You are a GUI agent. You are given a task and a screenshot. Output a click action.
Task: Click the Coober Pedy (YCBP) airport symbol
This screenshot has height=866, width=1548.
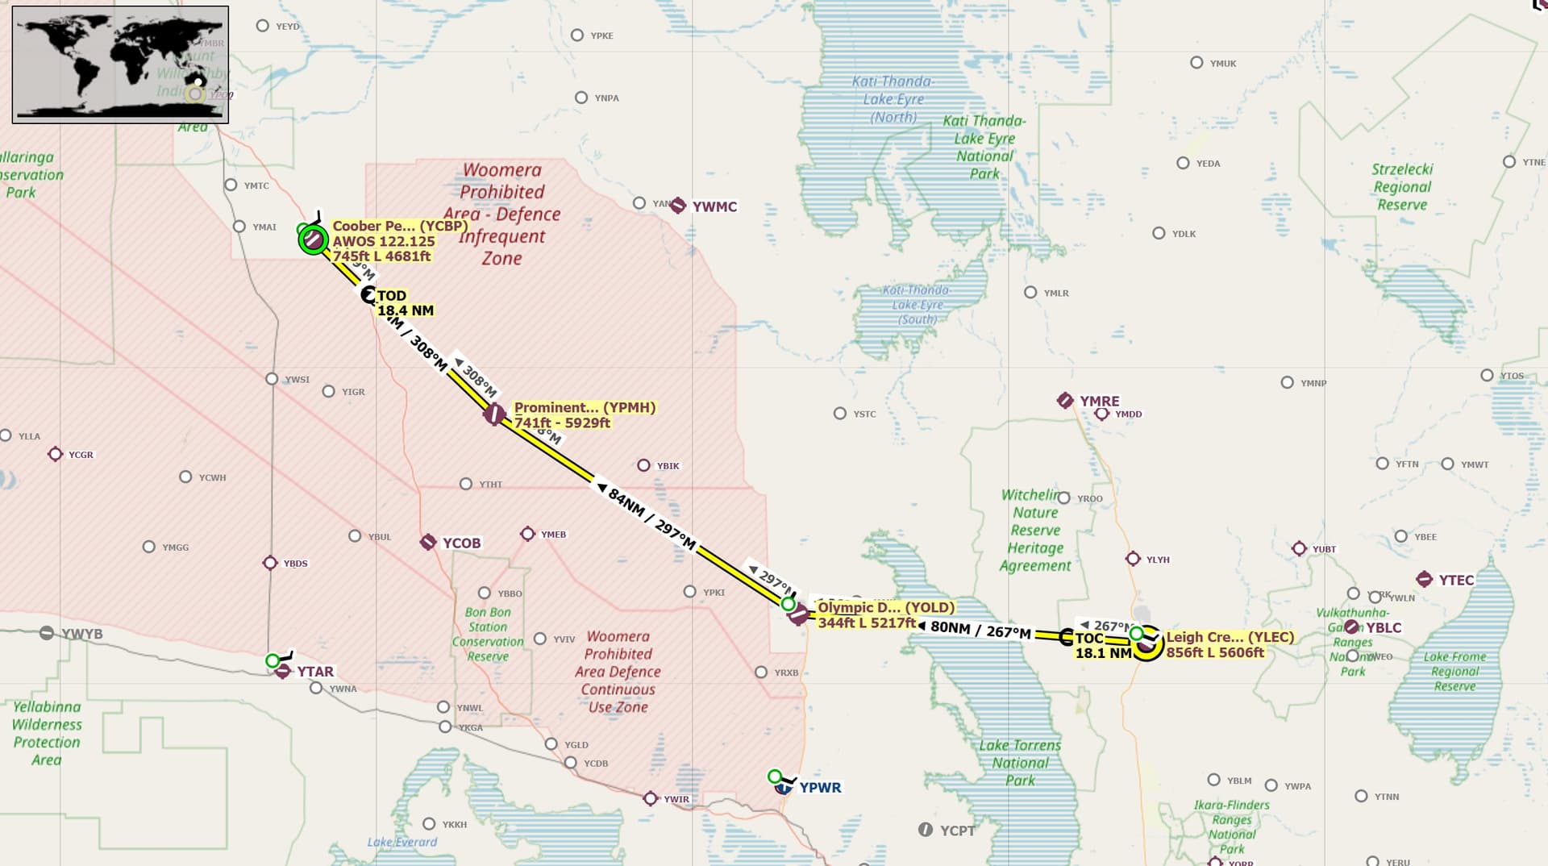click(313, 239)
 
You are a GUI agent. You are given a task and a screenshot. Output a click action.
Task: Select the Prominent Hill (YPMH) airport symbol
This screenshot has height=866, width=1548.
click(494, 414)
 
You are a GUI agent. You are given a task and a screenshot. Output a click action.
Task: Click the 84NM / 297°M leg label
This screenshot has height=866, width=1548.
click(651, 518)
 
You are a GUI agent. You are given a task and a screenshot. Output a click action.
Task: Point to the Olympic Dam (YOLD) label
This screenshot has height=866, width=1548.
click(885, 614)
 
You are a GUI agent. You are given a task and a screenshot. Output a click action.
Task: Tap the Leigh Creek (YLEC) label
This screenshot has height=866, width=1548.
click(1230, 644)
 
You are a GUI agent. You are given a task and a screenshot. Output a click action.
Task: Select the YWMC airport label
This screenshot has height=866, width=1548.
click(714, 206)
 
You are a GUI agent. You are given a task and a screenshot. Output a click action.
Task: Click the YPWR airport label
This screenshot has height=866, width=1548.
click(819, 787)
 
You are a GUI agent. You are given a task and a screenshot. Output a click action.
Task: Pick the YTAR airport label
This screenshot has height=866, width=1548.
click(314, 672)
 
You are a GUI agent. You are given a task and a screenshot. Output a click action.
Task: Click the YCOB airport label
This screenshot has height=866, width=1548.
click(461, 543)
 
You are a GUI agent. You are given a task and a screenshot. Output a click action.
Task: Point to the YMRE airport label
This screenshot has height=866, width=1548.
click(1099, 401)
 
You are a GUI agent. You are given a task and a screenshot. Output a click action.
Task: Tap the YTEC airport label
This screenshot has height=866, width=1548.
click(1455, 580)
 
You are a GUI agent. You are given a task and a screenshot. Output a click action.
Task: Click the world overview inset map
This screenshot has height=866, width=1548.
click(121, 65)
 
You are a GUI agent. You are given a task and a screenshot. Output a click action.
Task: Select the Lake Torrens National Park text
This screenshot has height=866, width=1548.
click(1020, 762)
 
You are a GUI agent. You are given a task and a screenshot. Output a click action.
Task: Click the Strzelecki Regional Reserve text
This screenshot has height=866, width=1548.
click(1402, 186)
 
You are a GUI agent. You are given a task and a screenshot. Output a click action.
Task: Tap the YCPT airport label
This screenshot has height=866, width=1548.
click(956, 831)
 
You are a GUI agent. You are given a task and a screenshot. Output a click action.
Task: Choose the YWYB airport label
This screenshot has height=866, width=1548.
click(82, 634)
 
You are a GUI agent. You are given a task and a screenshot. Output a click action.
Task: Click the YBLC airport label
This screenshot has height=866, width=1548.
click(1383, 627)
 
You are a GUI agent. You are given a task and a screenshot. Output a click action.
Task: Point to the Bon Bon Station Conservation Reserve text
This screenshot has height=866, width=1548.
click(488, 634)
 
